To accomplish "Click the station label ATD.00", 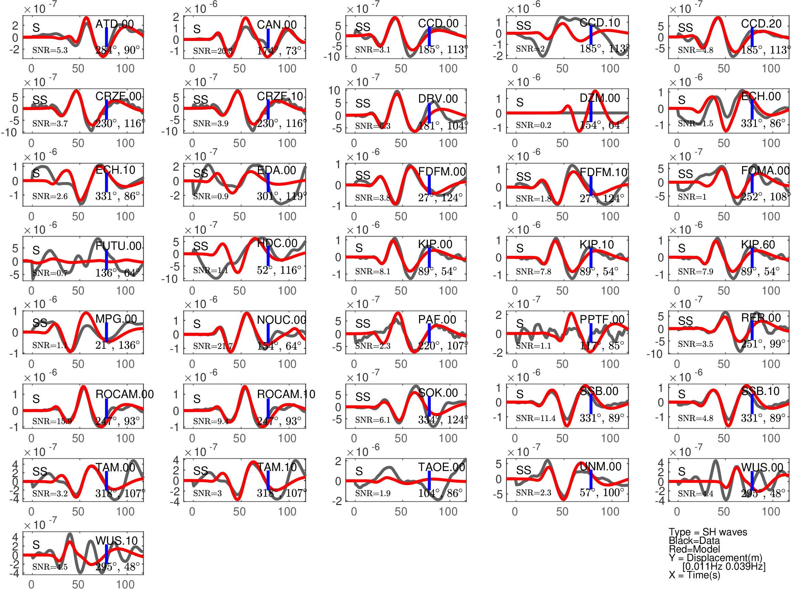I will point(115,24).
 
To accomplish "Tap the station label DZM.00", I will point(600,98).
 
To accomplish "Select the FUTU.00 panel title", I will point(118,246).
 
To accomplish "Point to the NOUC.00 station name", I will point(281,320).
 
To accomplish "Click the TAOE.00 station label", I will point(441,467).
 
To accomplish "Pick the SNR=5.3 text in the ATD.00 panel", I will point(50,50).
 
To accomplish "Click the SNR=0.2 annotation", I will point(533,125).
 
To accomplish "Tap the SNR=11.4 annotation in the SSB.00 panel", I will point(535,418).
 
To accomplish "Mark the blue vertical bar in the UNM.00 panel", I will point(591,479).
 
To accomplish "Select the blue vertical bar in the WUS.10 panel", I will point(106,554).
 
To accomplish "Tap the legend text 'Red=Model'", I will point(694,549).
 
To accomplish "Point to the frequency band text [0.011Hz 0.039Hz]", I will point(724,566).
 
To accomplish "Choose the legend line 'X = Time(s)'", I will point(694,575).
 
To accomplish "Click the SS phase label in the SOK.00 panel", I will point(363,397).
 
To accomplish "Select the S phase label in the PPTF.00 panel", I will point(520,323).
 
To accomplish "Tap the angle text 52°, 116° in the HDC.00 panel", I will point(279,270).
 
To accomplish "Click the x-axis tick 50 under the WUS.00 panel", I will point(723,512).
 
